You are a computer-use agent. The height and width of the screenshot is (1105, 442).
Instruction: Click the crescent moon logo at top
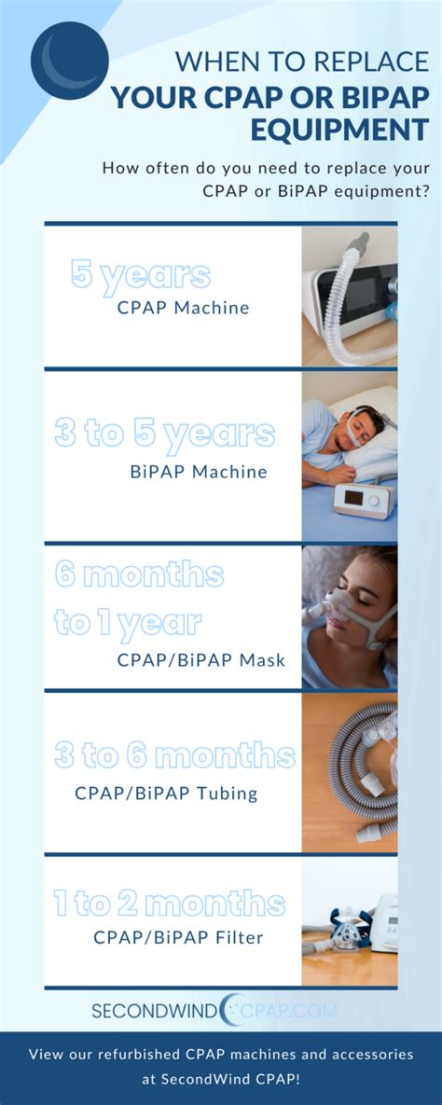(x=70, y=61)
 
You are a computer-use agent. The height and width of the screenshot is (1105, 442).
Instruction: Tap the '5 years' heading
(x=141, y=274)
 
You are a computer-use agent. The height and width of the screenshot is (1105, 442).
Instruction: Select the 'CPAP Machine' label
(x=184, y=308)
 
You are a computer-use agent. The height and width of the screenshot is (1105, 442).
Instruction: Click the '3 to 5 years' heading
(x=165, y=434)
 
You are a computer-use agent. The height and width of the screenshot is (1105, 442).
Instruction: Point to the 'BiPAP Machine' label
(x=199, y=472)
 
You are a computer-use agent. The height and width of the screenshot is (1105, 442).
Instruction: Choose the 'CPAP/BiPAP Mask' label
(x=201, y=660)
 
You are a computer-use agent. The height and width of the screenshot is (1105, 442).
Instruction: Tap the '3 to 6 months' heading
(x=175, y=755)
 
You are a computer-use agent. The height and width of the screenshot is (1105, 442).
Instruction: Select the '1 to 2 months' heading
(x=169, y=903)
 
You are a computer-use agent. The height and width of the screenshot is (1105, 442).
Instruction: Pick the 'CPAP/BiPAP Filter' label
(x=178, y=938)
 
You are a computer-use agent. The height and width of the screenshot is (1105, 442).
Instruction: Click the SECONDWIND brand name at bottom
(x=155, y=1010)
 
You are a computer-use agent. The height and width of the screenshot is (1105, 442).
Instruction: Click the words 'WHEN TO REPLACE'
(x=301, y=62)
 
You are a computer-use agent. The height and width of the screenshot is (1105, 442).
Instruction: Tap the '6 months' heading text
(x=139, y=573)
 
